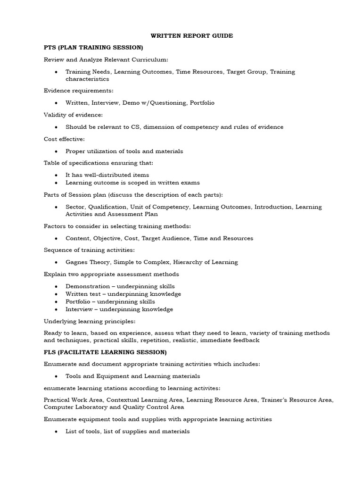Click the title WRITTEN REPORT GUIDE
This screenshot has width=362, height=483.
click(x=185, y=36)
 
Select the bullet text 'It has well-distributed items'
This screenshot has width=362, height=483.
click(x=108, y=175)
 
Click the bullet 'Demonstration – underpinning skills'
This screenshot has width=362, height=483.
click(x=120, y=286)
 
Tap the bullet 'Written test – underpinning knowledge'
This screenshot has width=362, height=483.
click(x=123, y=294)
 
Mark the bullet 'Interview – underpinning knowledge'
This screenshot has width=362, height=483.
click(x=119, y=309)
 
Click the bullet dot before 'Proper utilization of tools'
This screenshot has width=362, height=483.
click(x=56, y=151)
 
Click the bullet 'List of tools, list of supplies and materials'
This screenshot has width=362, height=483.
click(x=127, y=431)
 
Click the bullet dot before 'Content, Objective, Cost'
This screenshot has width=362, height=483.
click(x=56, y=239)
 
